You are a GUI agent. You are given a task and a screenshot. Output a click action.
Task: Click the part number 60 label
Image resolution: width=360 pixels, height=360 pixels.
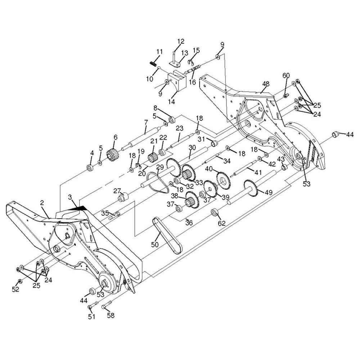pyautogui.click(x=286, y=75)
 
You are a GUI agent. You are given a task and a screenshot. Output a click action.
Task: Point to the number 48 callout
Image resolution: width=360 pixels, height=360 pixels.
pyautogui.click(x=266, y=84)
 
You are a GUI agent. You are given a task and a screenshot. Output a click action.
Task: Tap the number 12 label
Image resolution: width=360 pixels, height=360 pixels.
pyautogui.click(x=181, y=41)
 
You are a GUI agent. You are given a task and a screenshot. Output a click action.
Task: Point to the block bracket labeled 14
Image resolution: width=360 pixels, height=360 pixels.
pyautogui.click(x=177, y=80)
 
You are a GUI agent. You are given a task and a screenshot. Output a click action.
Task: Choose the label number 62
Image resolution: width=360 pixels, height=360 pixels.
pyautogui.click(x=221, y=223)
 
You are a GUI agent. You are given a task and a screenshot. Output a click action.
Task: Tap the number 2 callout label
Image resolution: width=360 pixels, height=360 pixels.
pyautogui.click(x=42, y=203)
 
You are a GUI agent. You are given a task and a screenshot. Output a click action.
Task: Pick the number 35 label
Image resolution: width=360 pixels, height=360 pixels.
pyautogui.click(x=105, y=213)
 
